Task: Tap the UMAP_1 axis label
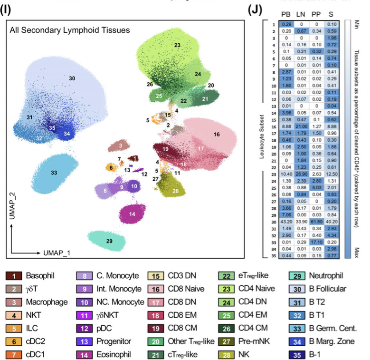coord(56,252)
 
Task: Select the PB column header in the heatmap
coord(286,14)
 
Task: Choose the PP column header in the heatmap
coord(316,14)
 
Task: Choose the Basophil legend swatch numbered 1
coord(15,276)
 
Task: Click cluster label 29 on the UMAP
coord(110,241)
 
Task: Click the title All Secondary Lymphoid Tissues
coord(69,30)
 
